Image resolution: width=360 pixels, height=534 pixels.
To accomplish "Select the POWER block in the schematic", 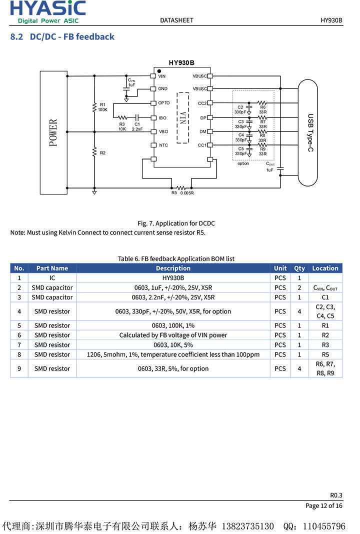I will (53, 132).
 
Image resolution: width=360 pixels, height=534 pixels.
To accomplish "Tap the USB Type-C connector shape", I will (307, 132).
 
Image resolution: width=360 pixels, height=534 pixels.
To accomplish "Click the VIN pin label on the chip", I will (161, 76).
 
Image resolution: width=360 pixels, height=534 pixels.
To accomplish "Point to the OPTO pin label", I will (164, 103).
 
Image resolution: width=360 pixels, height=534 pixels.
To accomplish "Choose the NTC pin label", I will (163, 145).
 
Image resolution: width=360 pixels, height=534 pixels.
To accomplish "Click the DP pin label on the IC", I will (203, 118).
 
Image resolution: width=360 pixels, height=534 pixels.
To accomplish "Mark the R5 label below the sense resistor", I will (174, 192).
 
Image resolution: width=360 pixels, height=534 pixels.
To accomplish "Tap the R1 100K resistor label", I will (102, 106).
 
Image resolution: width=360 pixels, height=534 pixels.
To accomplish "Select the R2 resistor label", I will (102, 152).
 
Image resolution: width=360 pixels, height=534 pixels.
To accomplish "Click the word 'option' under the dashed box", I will (243, 163).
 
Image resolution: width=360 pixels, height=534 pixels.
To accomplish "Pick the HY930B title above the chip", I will (181, 63).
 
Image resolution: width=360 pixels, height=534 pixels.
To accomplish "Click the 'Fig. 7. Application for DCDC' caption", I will (176, 223).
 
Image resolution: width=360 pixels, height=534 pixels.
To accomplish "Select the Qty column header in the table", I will (299, 268).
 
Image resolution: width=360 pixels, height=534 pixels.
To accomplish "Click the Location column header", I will (325, 268).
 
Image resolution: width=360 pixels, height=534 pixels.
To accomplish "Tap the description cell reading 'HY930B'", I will (173, 278).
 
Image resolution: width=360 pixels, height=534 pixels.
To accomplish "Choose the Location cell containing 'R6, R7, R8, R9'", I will (325, 368).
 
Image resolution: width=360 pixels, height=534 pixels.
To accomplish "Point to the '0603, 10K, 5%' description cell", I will (173, 345).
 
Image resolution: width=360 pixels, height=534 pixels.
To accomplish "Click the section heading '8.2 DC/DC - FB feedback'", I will (62, 36).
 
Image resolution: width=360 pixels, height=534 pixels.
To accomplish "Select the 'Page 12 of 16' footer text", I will (323, 505).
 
